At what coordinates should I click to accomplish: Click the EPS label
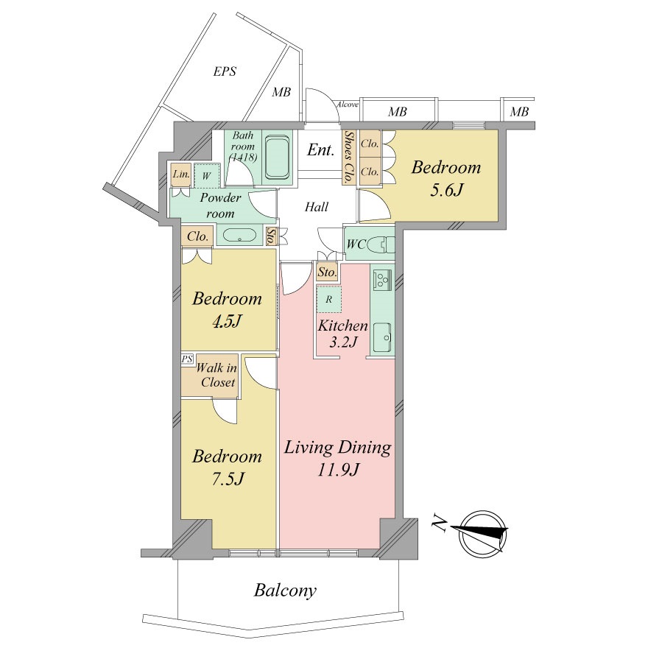click(x=225, y=71)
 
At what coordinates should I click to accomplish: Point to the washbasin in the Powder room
click(x=239, y=235)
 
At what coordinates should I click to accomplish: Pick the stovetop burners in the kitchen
click(x=381, y=279)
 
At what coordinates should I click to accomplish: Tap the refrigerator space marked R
click(x=329, y=299)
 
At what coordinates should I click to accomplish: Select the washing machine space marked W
click(x=207, y=176)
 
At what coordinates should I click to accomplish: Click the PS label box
click(x=187, y=359)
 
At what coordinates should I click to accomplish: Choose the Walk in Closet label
click(x=217, y=375)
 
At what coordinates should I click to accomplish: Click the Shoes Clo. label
click(x=349, y=157)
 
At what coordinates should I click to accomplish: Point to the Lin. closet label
click(x=181, y=174)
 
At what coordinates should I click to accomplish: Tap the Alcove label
click(x=347, y=105)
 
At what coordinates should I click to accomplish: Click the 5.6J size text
click(x=446, y=190)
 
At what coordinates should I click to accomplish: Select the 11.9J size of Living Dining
click(x=338, y=469)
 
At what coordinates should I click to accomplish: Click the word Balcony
click(x=285, y=591)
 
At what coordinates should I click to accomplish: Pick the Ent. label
click(x=320, y=150)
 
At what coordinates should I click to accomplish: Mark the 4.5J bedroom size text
click(x=227, y=322)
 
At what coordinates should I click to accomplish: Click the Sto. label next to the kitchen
click(x=327, y=272)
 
